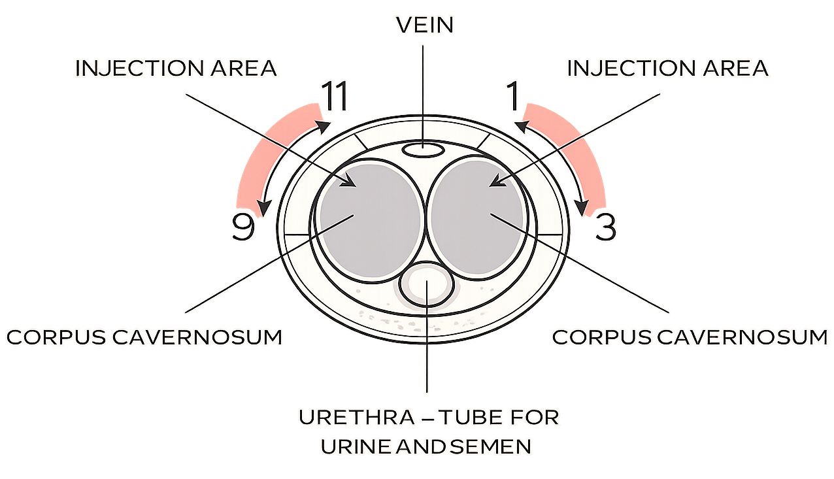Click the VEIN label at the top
(x=425, y=26)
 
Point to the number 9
(x=242, y=227)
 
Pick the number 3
(x=605, y=227)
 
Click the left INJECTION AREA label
(x=176, y=68)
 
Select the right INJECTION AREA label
(x=667, y=68)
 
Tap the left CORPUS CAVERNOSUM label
(x=144, y=337)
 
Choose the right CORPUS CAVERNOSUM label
(x=690, y=337)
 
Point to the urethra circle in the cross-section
(x=425, y=284)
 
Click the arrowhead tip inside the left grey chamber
(x=353, y=184)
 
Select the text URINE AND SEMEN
(x=425, y=447)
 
